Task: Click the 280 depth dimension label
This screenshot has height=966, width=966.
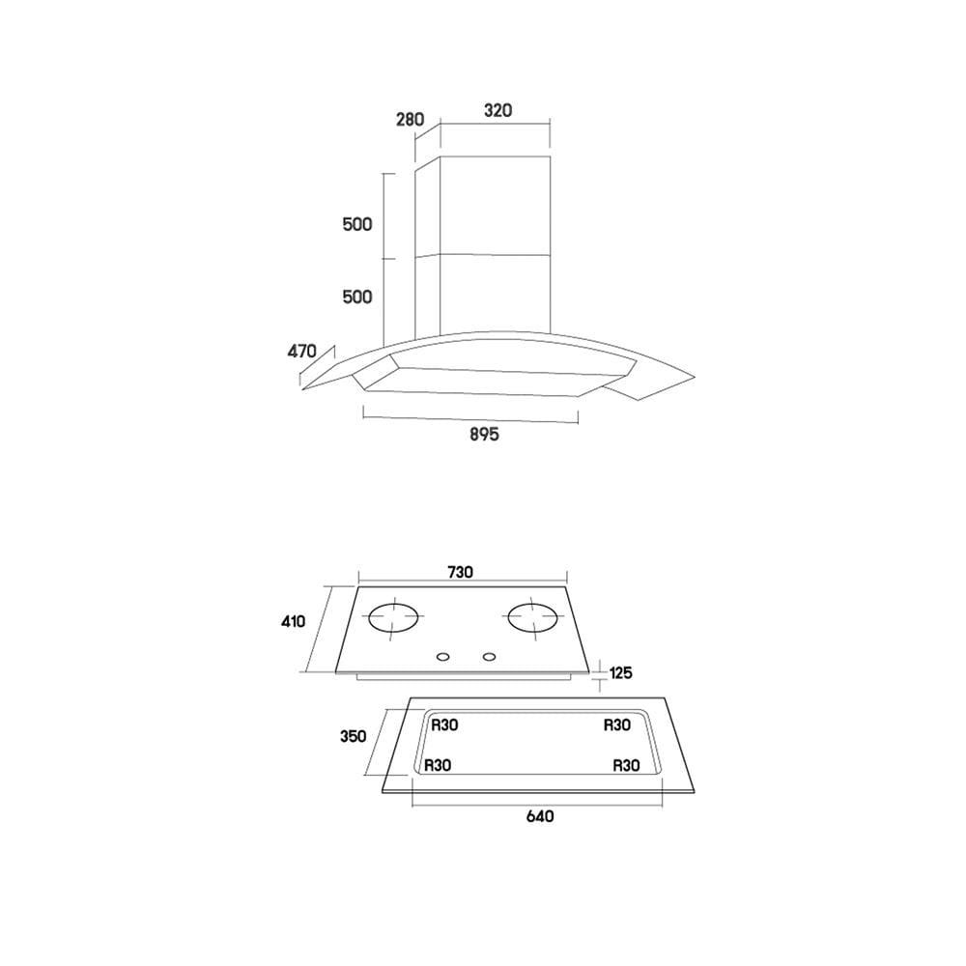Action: pyautogui.click(x=411, y=119)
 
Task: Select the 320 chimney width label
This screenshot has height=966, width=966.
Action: pyautogui.click(x=497, y=110)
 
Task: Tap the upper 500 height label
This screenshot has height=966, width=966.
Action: pyautogui.click(x=357, y=224)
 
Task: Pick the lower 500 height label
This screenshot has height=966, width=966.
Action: pyautogui.click(x=357, y=297)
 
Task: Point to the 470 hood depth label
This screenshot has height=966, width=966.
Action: pyautogui.click(x=301, y=352)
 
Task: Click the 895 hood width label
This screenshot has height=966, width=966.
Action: pyautogui.click(x=484, y=435)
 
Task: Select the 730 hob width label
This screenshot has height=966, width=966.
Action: pyautogui.click(x=460, y=572)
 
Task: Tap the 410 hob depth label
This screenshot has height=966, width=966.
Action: pyautogui.click(x=294, y=621)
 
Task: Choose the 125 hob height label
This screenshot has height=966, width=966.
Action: pyautogui.click(x=620, y=672)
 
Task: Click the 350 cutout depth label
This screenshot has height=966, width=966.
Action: pyautogui.click(x=353, y=736)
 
